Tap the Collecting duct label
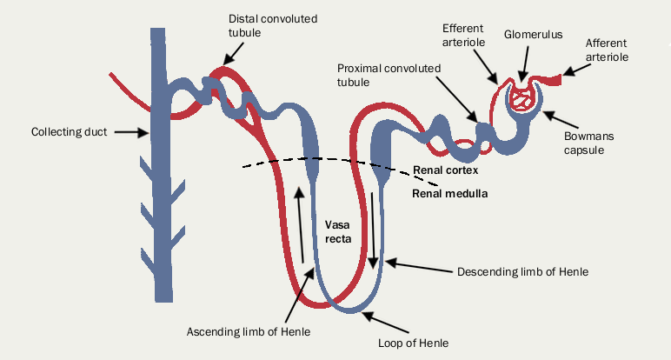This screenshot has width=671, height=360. pos(69,132)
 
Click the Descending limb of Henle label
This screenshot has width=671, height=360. pos(522,272)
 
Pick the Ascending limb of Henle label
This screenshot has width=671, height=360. pos(249,331)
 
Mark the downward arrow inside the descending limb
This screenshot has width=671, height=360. pos(374,230)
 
